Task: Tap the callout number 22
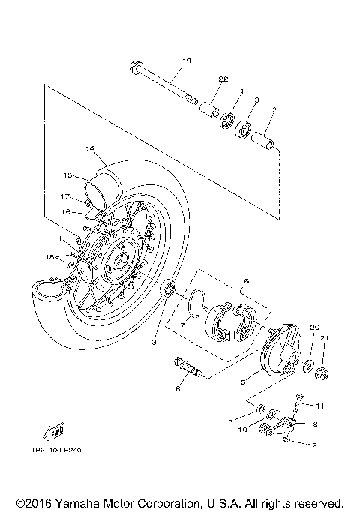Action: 223,79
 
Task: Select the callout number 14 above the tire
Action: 89,148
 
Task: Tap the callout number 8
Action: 178,388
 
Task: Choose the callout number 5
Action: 243,381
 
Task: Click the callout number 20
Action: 315,328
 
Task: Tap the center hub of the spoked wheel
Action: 118,260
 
